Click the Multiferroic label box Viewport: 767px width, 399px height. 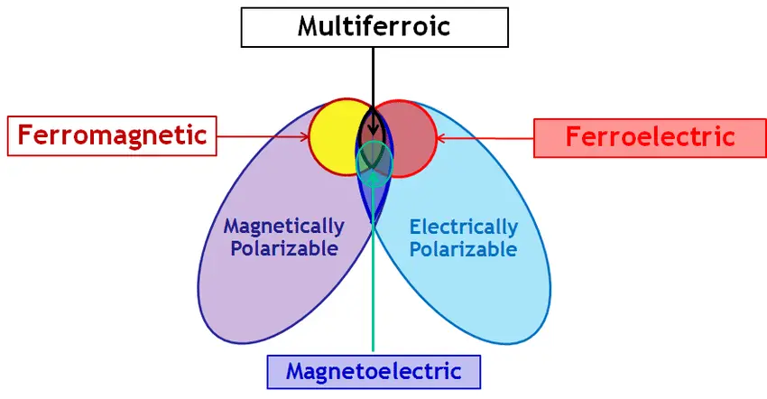(373, 26)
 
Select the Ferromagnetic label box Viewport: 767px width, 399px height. (112, 136)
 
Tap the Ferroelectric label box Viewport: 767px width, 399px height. (649, 138)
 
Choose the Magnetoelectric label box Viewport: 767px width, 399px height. (374, 371)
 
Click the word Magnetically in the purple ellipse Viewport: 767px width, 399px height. (283, 226)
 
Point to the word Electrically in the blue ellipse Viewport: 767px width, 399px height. (464, 227)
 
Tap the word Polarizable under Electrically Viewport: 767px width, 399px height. (464, 248)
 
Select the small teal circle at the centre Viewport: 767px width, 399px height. (374, 160)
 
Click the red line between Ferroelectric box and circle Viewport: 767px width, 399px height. (487, 138)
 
